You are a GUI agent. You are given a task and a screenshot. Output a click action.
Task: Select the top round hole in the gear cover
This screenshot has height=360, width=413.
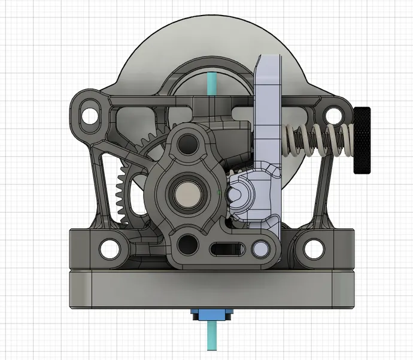click(189, 142)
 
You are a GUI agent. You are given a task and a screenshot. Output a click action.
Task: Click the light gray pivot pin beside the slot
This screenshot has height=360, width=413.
click(260, 248)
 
